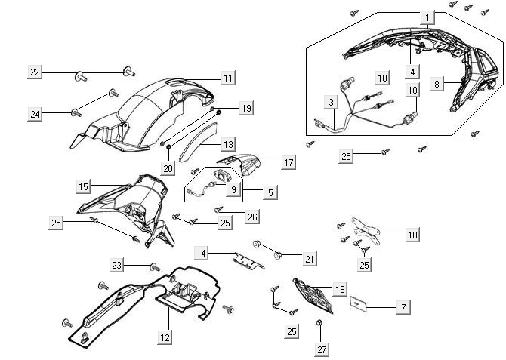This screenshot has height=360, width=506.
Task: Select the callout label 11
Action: [x=227, y=78]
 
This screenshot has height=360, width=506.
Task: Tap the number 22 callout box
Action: [x=35, y=72]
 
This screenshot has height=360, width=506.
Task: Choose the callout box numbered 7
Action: [x=403, y=307]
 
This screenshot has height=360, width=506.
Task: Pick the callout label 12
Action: [x=165, y=338]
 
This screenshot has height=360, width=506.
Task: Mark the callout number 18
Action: [x=412, y=235]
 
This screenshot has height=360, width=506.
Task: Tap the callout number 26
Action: [x=252, y=217]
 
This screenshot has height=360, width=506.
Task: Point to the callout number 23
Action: [x=117, y=265]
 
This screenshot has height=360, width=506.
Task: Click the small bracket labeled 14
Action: [x=247, y=258]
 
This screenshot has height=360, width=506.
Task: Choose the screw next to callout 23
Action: [x=155, y=267]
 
